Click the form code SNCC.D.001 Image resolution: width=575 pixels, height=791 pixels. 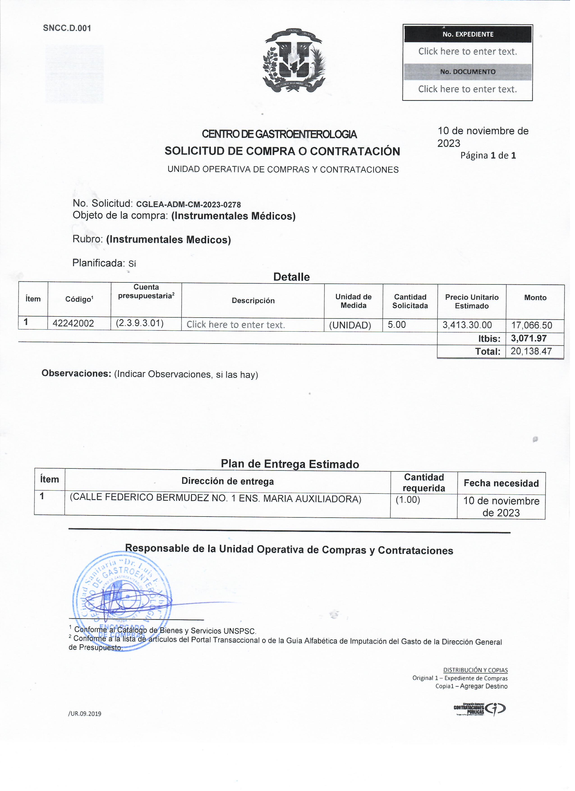pos(67,28)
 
